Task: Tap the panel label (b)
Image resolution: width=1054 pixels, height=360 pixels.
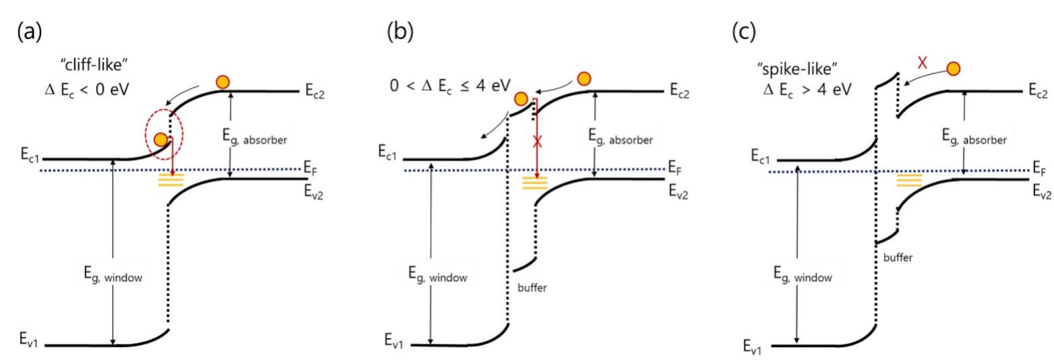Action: coord(398,32)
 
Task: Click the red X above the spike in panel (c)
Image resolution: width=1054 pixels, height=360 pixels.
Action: coord(923,63)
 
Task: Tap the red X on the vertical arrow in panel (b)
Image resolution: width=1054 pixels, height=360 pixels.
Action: coord(536,142)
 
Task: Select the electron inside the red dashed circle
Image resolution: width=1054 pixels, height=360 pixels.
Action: coord(160,140)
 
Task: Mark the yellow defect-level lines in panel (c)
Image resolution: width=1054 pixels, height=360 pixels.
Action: coord(909,181)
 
